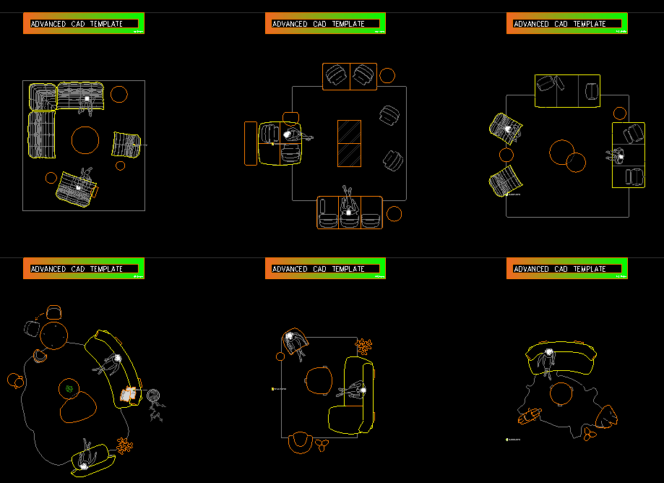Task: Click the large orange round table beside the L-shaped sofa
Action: click(85, 140)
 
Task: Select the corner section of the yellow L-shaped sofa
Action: click(41, 95)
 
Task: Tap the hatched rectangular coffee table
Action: click(349, 143)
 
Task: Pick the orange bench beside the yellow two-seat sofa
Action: click(250, 143)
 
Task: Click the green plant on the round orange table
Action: click(69, 389)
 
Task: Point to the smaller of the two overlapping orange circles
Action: click(576, 163)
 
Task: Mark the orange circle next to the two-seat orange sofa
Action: click(387, 75)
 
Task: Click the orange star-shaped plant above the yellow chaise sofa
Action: click(363, 346)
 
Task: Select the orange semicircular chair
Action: click(299, 440)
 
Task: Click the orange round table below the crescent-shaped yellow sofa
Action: click(561, 394)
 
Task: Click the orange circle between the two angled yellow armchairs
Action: click(506, 155)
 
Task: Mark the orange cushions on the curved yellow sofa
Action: click(129, 394)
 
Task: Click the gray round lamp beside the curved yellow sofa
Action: click(154, 396)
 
